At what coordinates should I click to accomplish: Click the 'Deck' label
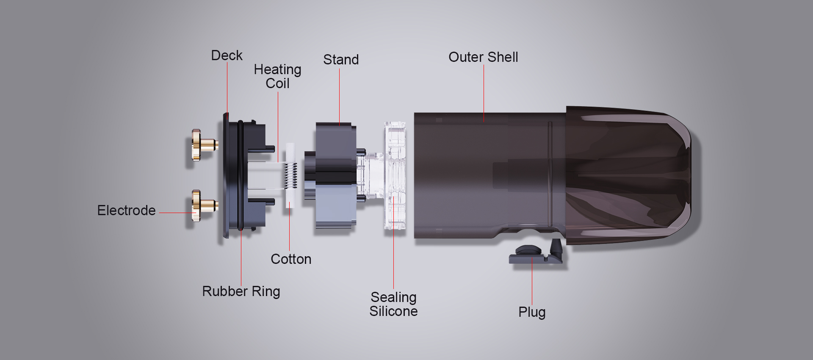227,55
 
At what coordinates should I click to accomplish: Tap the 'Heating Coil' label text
277,76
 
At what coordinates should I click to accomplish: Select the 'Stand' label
341,60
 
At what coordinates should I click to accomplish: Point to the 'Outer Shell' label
483,57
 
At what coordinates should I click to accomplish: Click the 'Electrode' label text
126,210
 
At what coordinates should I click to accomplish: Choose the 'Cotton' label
291,259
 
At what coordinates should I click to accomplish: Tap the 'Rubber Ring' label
241,291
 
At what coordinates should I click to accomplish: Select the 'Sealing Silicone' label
393,304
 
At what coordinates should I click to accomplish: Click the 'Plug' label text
532,312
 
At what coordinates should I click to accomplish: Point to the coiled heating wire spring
290,176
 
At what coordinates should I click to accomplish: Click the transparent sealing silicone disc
395,175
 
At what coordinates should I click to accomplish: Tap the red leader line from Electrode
176,213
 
